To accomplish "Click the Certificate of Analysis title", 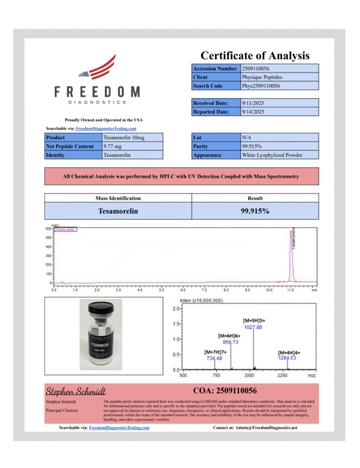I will (x=255, y=55).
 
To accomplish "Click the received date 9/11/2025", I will (x=253, y=103).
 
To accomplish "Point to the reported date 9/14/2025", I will (x=253, y=112).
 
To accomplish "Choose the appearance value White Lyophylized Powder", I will (x=272, y=155).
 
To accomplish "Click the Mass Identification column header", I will (x=118, y=198).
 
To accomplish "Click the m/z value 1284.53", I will (x=287, y=358).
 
